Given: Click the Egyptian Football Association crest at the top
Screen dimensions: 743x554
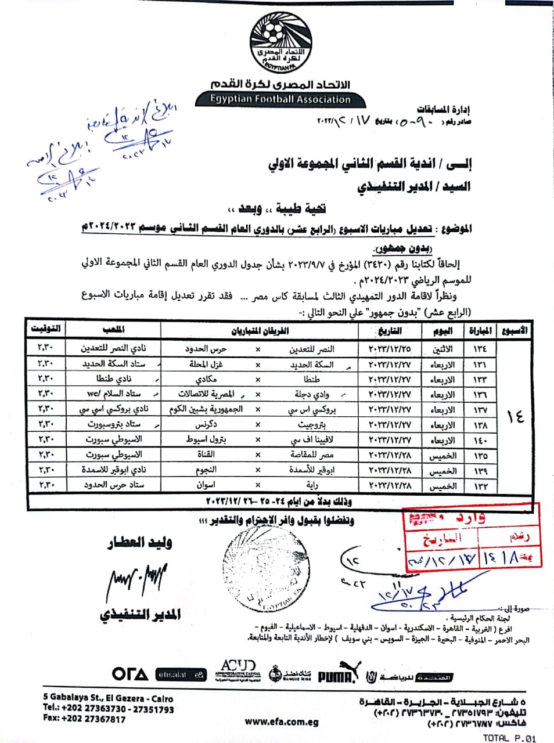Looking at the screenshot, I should (x=281, y=43).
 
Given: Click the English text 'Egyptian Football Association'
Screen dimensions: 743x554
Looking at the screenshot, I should (x=280, y=99).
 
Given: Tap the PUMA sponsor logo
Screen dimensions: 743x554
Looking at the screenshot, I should (x=336, y=675).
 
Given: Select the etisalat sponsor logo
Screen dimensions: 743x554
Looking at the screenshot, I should (x=181, y=675).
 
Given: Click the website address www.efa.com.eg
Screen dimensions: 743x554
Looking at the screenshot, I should (x=282, y=722).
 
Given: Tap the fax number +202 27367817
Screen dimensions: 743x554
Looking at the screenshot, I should (x=84, y=719).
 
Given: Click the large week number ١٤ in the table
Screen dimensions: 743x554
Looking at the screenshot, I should (x=515, y=416).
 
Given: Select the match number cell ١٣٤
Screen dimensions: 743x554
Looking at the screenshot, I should (x=480, y=349).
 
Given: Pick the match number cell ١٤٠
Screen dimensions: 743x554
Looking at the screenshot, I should (x=480, y=440).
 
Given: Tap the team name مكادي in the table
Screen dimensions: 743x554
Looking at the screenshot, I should (x=206, y=379).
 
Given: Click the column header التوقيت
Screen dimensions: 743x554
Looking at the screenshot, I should (x=46, y=329).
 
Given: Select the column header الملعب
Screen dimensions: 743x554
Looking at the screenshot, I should (x=114, y=329).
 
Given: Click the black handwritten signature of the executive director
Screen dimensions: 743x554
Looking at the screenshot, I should (x=137, y=580).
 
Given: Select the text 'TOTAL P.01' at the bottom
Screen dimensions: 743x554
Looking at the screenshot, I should (x=509, y=738).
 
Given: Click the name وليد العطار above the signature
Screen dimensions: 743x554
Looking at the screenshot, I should (x=140, y=543).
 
